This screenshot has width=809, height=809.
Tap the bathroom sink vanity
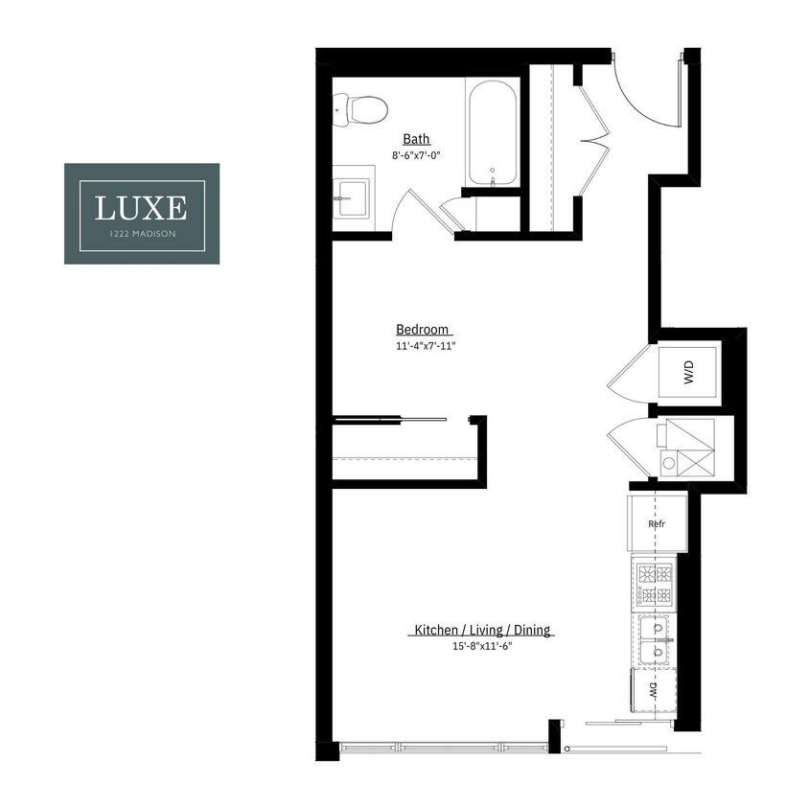point(352,201)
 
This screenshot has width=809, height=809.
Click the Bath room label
point(416,139)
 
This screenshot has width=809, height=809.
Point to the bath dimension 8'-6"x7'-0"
point(416,154)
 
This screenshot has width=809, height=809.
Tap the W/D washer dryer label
point(688,373)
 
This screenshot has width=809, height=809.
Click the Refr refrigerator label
point(657,523)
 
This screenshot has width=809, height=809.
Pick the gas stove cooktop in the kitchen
point(657,585)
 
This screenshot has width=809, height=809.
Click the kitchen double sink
point(658,640)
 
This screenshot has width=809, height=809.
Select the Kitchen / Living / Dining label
point(483,630)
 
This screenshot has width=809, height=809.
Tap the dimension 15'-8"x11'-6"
point(483,646)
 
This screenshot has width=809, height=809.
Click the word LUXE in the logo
point(141,205)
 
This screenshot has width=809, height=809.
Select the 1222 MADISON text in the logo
point(141,236)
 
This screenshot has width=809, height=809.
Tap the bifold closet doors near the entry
point(594,144)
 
